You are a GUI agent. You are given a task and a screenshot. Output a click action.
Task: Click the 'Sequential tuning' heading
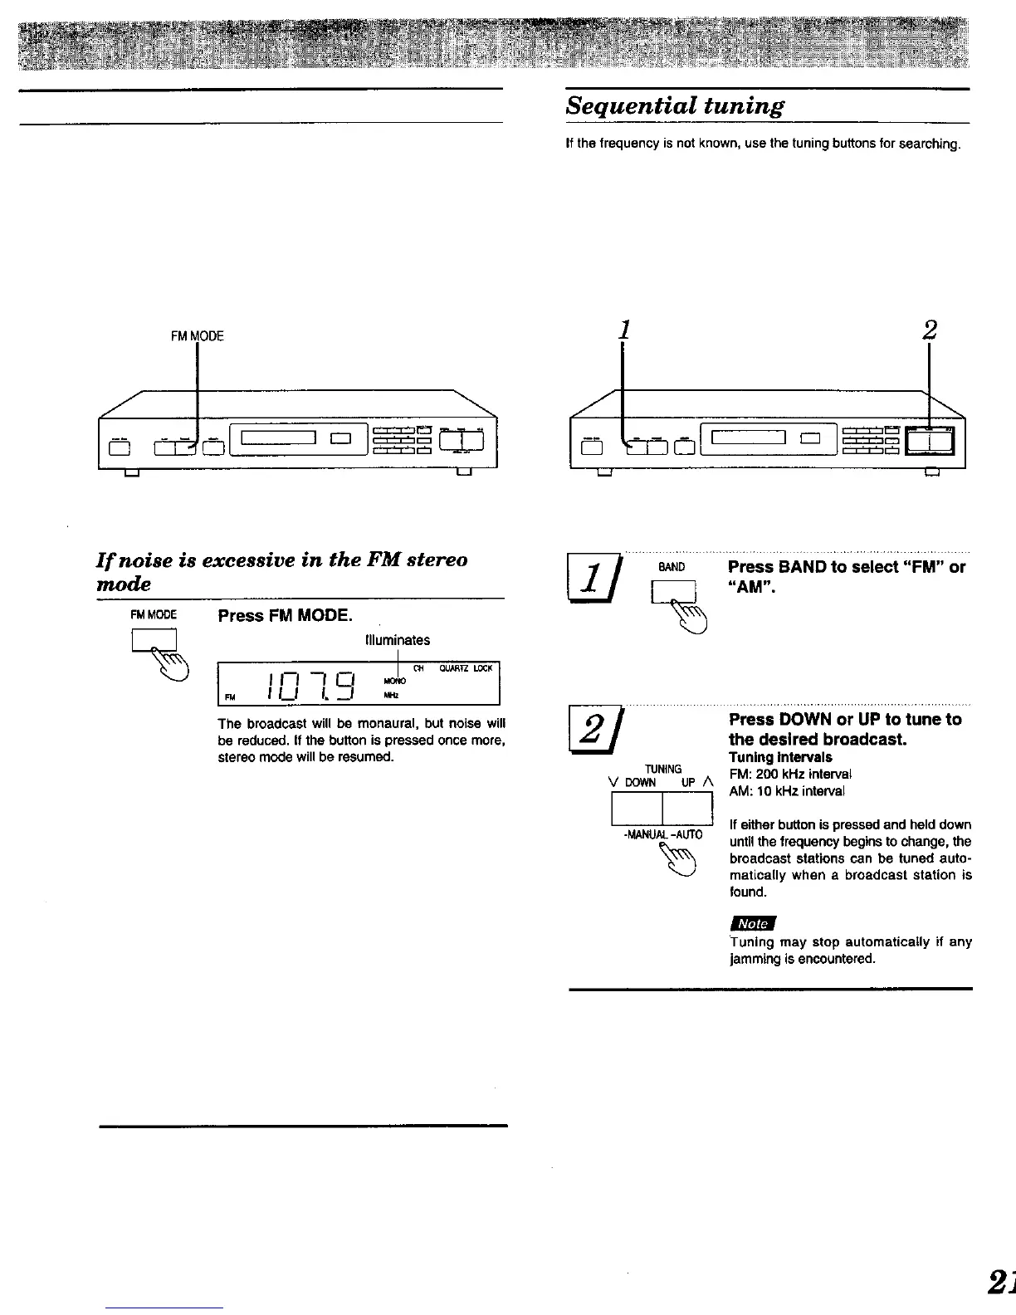pos(674,106)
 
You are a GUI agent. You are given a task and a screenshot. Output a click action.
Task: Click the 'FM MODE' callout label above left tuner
pos(198,336)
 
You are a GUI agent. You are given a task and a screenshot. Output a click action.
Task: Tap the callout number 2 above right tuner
pos(929,330)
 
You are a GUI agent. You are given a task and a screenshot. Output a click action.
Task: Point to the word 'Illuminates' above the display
pos(398,640)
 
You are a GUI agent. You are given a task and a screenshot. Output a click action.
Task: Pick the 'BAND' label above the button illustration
pos(671,568)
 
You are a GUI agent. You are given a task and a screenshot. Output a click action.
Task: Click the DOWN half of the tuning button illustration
pos(637,809)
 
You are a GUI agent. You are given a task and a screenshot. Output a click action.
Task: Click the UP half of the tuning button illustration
pos(687,809)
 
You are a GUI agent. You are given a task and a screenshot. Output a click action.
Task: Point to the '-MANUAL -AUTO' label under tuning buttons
pos(662,834)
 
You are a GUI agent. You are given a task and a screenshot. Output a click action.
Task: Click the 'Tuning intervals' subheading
pos(780,757)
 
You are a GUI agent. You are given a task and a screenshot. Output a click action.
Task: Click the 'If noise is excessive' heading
pos(282,571)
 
